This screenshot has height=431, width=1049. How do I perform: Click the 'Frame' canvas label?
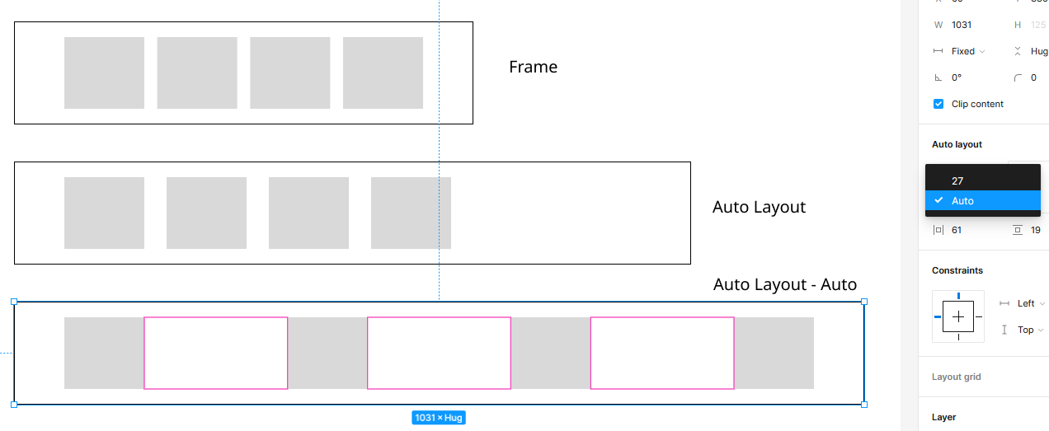point(533,67)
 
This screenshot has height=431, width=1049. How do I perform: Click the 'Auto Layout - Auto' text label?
point(784,284)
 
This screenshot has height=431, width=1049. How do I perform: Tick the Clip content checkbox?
point(938,104)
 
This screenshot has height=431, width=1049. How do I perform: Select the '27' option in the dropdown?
point(957,180)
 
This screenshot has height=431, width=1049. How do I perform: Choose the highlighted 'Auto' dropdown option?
point(962,200)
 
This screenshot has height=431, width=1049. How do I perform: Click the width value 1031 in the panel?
point(961,25)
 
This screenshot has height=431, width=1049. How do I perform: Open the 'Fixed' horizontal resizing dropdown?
point(967,51)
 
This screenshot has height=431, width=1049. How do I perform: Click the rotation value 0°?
point(957,77)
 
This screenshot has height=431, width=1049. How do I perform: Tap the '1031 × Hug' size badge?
point(439,418)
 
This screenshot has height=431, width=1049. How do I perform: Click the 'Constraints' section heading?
point(957,270)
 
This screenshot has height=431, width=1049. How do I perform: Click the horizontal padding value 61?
point(957,230)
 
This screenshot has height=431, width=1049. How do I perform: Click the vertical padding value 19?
point(1035,230)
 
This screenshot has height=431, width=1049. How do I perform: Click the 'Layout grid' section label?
point(957,377)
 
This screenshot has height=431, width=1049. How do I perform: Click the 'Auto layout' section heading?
point(957,144)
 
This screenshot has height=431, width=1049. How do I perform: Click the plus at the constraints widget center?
point(958,316)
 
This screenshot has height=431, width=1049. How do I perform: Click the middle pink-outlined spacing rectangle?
point(439,353)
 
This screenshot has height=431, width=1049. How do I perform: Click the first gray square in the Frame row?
point(104,73)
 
